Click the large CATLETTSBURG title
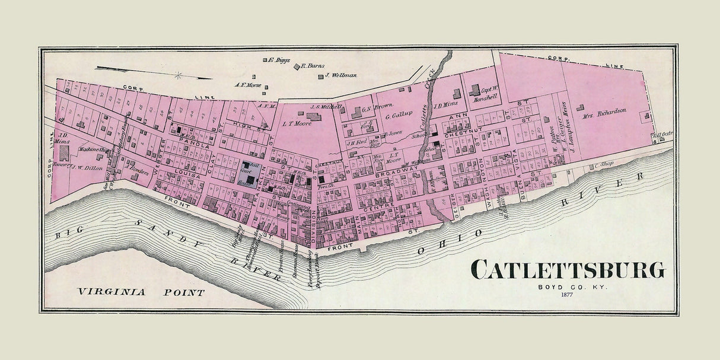point(568,270)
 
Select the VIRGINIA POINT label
point(141,292)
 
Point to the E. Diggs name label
point(277,59)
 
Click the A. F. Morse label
point(247,85)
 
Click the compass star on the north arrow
point(177,75)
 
